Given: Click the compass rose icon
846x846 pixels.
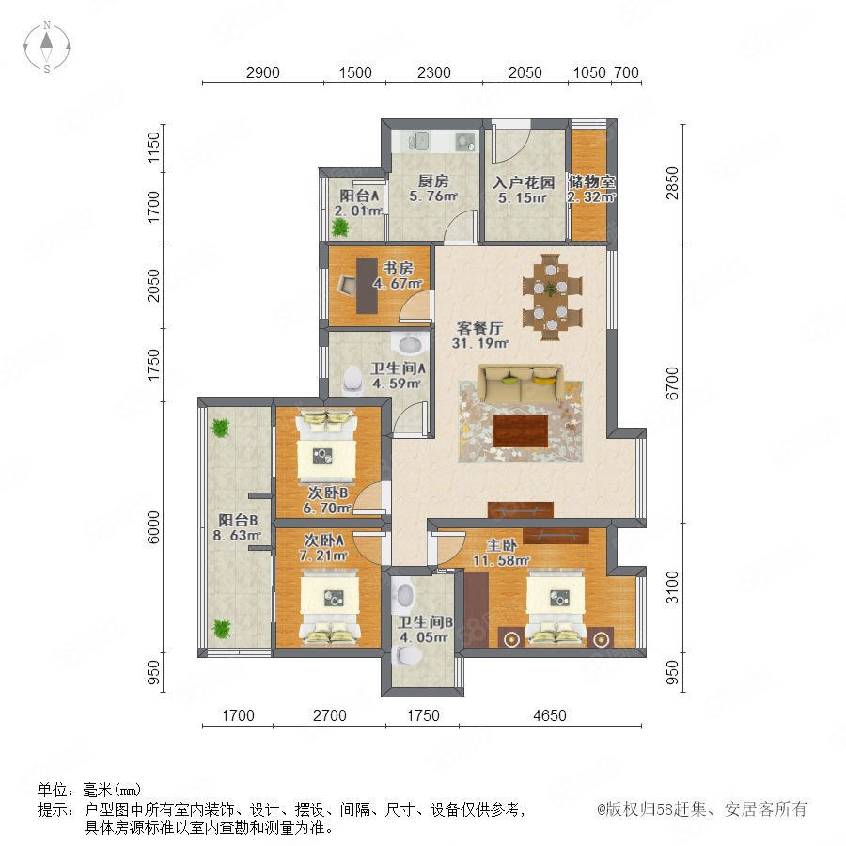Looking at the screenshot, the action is (47, 46).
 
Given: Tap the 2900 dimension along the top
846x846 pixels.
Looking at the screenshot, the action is (263, 72).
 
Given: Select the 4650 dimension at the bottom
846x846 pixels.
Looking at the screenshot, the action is (550, 715).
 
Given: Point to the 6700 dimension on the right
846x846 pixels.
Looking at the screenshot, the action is (672, 384).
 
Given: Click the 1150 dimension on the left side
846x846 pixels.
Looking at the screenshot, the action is (154, 148).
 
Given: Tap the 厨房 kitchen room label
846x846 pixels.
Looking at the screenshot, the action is (433, 180).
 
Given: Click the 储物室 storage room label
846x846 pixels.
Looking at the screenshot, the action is (591, 181).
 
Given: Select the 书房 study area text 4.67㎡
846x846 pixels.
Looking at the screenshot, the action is (398, 283).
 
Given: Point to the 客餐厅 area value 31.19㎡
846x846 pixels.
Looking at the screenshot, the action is (479, 342).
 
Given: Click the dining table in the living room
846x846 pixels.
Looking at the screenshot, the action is (552, 297).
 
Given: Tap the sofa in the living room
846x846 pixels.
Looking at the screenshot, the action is (521, 384).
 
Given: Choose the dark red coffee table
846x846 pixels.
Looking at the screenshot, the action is (520, 431).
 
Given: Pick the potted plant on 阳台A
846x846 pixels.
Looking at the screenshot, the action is (340, 228).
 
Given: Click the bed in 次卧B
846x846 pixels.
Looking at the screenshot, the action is (327, 446).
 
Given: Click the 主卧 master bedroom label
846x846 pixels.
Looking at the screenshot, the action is (501, 545).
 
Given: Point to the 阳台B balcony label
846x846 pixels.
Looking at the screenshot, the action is (238, 520).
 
